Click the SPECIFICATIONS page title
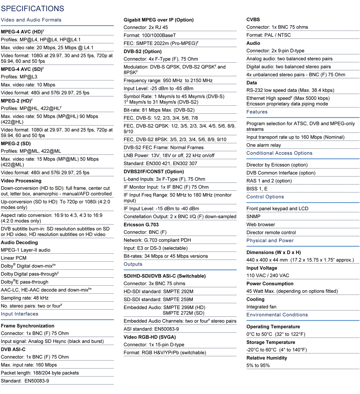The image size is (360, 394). [33, 9]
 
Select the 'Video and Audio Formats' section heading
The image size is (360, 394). [31, 20]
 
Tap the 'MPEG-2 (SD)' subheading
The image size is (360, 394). [16, 144]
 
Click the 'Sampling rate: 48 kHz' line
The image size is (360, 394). [25, 298]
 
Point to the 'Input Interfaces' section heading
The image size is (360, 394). [20, 314]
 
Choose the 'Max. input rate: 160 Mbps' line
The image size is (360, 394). [29, 365]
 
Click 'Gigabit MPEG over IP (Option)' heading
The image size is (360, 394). [158, 20]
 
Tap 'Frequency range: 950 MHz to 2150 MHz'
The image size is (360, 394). [168, 81]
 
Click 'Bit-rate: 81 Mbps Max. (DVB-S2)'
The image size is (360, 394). [159, 110]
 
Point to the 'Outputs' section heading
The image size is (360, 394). [133, 264]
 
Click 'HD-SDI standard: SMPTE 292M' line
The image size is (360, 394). [158, 292]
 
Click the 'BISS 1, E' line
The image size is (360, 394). [257, 189]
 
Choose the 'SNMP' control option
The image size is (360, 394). [253, 217]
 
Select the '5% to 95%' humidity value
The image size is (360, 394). [258, 365]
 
